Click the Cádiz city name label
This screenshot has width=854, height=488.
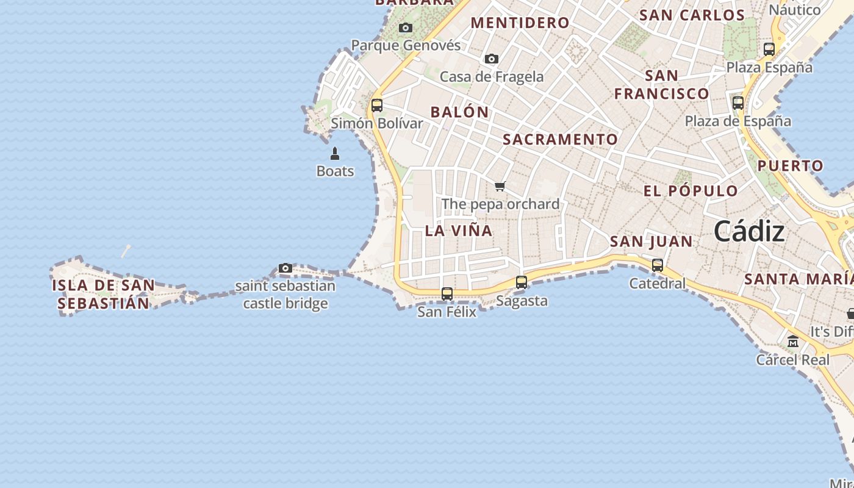(x=749, y=232)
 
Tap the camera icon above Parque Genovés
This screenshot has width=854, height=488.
(x=405, y=27)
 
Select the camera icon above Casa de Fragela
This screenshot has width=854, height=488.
(x=491, y=59)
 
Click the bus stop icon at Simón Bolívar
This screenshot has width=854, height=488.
(x=377, y=105)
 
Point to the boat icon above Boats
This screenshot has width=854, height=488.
(x=334, y=153)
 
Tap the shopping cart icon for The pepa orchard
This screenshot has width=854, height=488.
(x=500, y=186)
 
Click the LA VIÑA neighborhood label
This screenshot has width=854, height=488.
(x=459, y=231)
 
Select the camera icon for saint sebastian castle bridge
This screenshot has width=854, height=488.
(x=285, y=268)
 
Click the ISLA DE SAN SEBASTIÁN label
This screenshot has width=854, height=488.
(x=103, y=294)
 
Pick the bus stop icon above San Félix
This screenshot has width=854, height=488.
(x=447, y=294)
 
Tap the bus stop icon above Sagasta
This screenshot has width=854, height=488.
(x=522, y=282)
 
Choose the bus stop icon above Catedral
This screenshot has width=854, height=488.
(x=658, y=265)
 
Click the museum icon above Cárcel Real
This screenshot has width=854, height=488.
(x=793, y=342)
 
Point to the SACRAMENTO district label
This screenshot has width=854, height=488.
(x=560, y=139)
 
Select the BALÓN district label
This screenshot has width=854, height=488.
(x=460, y=112)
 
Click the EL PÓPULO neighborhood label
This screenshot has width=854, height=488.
(x=691, y=191)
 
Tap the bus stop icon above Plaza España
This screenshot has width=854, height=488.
(x=769, y=49)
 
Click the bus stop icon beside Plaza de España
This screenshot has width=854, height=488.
(x=738, y=103)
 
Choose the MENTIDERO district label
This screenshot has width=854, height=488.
(x=520, y=23)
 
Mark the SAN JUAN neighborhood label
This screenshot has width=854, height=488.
(x=651, y=242)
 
